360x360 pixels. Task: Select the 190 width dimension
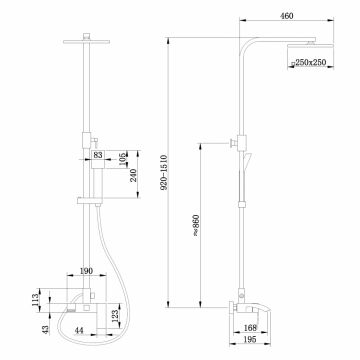[x=87, y=270]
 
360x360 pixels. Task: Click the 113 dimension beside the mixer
[x=33, y=297]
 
